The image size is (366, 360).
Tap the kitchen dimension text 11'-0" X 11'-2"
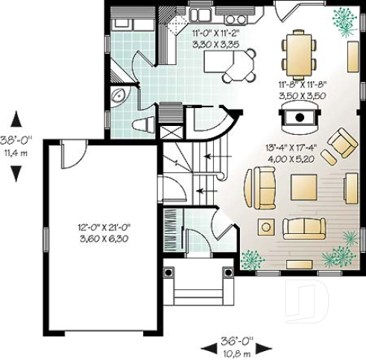pyautogui.click(x=215, y=39)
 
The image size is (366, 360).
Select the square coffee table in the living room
pyautogui.click(x=304, y=186)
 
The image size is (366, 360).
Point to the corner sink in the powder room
pyautogui.click(x=118, y=96)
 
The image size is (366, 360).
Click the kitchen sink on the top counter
pyautogui.click(x=202, y=14)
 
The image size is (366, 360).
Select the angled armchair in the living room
pyautogui.click(x=343, y=145)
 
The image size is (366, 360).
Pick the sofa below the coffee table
pyautogui.click(x=303, y=227)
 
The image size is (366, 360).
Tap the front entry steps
pyautogui.click(x=199, y=287)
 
